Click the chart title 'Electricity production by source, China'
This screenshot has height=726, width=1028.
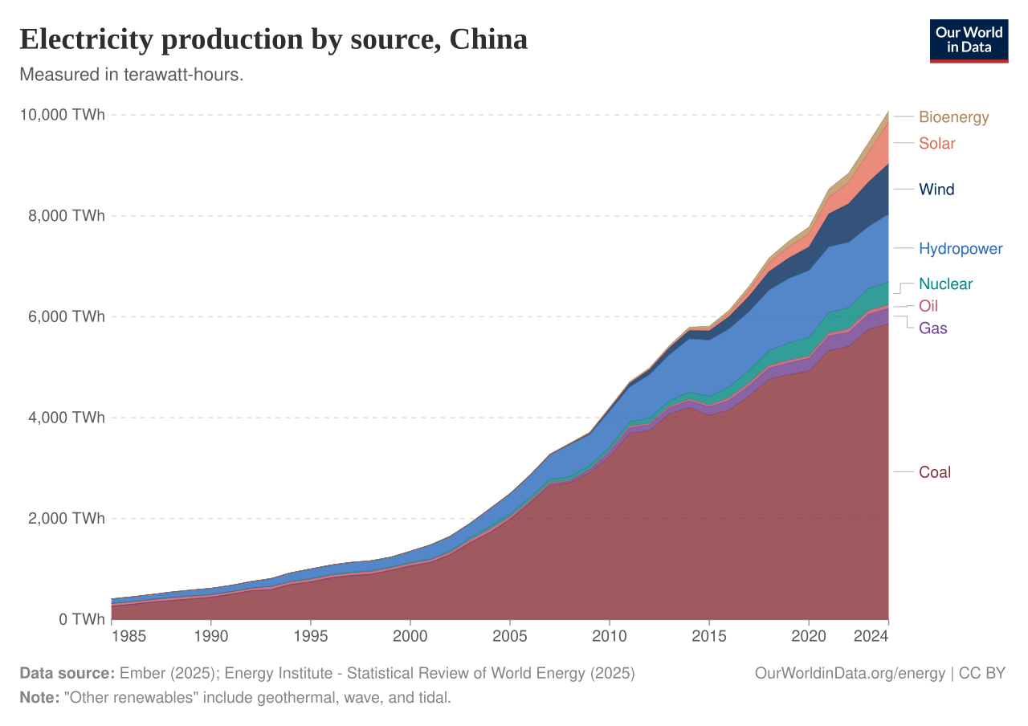point(273,39)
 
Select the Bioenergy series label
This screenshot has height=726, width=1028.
point(953,117)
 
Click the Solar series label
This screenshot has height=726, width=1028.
point(937,144)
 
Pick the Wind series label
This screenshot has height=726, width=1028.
point(936,190)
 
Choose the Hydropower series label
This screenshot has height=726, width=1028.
point(961,249)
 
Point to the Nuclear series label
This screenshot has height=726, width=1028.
point(945,284)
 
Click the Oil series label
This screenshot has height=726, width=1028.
point(928,306)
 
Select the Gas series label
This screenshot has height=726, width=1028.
point(933,328)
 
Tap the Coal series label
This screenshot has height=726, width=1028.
point(935,472)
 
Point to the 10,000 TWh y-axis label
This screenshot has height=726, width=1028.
point(62,116)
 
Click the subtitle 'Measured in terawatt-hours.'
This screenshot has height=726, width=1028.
point(131,75)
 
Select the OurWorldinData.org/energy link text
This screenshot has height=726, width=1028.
point(850,674)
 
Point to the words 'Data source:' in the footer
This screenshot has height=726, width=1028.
point(67,674)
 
